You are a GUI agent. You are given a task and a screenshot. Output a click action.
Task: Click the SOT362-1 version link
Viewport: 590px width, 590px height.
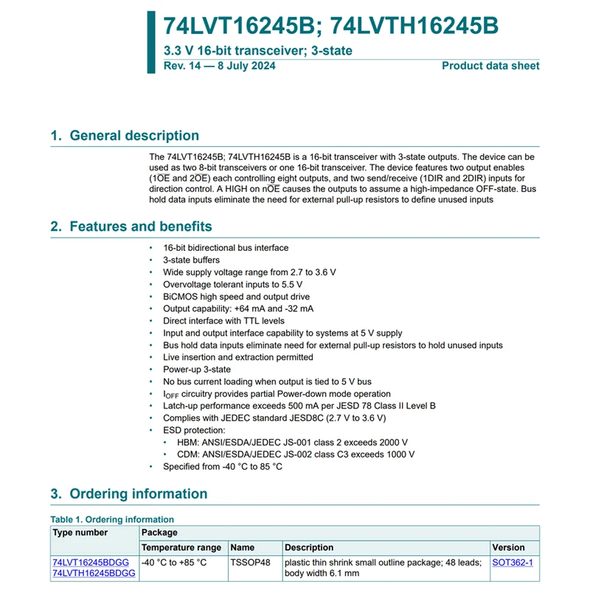pos(512,562)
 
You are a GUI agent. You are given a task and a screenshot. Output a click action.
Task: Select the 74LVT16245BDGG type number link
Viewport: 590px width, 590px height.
pos(91,562)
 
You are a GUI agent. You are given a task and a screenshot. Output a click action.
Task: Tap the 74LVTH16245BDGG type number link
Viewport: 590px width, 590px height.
pos(94,573)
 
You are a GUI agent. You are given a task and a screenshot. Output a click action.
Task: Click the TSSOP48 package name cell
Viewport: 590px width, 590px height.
pos(251,562)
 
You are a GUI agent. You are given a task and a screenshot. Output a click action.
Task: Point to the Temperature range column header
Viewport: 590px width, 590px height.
pos(181,547)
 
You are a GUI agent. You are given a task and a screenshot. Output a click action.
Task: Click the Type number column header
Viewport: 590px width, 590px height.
pos(80,532)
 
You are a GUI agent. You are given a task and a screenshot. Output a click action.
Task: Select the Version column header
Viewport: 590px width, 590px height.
pos(509,547)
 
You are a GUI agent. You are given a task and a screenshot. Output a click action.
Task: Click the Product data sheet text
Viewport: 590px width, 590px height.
pos(490,66)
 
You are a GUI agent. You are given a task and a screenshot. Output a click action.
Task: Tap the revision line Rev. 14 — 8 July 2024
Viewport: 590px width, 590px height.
pos(220,66)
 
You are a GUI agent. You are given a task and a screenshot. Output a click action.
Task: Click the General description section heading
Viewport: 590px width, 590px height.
pos(125,136)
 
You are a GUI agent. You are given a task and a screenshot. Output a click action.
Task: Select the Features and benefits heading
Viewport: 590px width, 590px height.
pos(131,226)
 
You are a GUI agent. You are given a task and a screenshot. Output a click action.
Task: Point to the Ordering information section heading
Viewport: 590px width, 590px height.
pos(129,494)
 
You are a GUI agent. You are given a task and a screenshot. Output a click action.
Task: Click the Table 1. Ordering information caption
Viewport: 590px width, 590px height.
pos(112,519)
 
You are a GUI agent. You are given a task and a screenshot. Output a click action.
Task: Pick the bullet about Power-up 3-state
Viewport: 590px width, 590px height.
pos(197,369)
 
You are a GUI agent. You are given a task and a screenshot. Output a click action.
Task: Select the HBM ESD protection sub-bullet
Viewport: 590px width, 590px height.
pos(292,442)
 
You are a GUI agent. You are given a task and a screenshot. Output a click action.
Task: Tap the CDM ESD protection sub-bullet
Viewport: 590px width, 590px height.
pos(296,454)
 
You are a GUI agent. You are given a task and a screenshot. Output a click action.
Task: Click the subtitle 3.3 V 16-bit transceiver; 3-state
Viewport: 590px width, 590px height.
pos(257,51)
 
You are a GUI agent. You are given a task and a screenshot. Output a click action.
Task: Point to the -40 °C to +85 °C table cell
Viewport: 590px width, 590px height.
pos(174,562)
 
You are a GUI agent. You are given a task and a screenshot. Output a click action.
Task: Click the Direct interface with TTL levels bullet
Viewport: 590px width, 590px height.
pos(223,321)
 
